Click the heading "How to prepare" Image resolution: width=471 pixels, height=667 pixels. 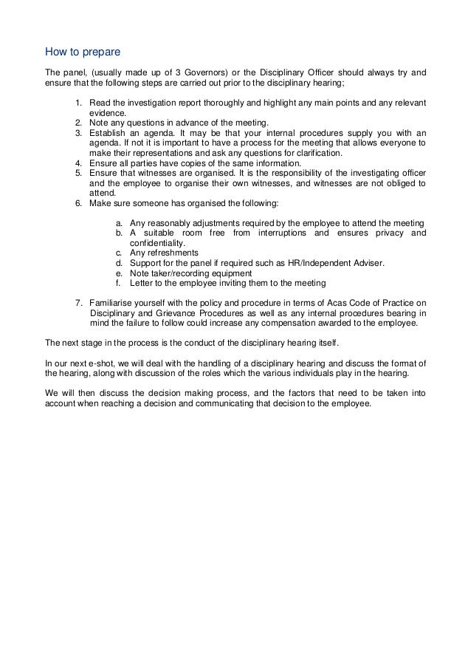[x=78, y=52]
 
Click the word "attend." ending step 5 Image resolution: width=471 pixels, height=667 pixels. [x=102, y=194]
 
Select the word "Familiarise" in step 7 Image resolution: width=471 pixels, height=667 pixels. [x=111, y=303]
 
